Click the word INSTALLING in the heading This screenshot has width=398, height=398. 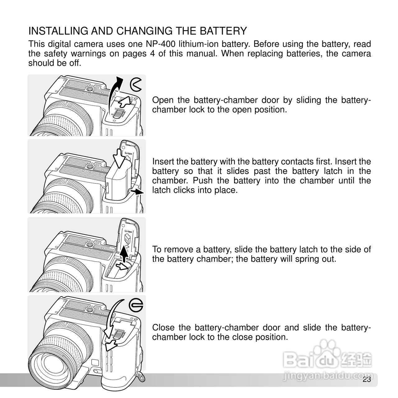[x=58, y=31]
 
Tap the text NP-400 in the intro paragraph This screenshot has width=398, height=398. [x=160, y=44]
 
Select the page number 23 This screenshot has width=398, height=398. [x=367, y=379]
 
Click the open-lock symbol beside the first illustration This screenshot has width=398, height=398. [x=136, y=85]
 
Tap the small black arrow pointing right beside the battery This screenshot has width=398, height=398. [x=137, y=192]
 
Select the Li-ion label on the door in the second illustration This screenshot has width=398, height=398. [x=128, y=153]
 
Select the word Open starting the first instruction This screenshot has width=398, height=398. [x=163, y=100]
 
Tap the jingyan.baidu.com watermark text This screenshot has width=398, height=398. [x=328, y=376]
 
